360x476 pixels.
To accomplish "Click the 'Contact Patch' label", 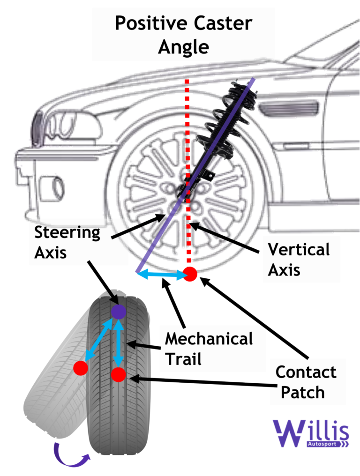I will click(x=306, y=382).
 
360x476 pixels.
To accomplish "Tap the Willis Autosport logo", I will click(x=311, y=433).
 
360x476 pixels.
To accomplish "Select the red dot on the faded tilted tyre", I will click(x=81, y=368).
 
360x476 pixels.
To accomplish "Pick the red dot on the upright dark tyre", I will click(x=119, y=374).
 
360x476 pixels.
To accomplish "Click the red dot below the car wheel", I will click(x=189, y=274).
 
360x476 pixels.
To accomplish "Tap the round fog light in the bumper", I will click(x=52, y=189).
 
